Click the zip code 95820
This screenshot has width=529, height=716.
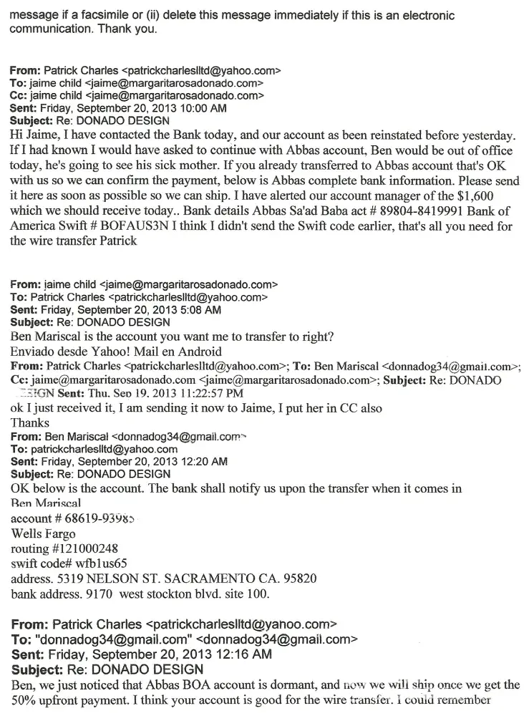(x=301, y=578)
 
